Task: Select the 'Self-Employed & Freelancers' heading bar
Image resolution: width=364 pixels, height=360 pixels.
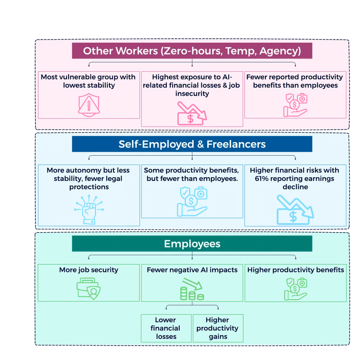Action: point(192,144)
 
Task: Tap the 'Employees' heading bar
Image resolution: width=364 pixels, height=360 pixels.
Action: point(192,243)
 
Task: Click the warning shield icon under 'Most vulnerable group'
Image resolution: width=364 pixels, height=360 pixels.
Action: point(88,105)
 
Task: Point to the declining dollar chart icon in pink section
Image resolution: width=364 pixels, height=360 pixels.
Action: point(191,113)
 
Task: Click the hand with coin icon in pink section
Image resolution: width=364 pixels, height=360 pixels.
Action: point(295,105)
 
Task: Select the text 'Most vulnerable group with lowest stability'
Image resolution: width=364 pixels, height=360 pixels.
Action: point(88,81)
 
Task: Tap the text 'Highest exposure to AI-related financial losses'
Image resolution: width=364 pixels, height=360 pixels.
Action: point(191,85)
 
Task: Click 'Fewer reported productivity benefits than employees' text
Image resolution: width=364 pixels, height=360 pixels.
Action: point(295,81)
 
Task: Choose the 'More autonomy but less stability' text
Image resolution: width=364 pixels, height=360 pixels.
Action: point(88,178)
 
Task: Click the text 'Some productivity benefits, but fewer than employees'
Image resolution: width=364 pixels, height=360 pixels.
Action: point(192,174)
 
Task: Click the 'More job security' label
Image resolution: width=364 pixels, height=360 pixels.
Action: point(88,270)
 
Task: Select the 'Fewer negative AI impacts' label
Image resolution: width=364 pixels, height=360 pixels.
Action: point(192,270)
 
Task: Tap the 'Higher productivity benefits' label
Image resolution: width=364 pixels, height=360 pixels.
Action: point(296,270)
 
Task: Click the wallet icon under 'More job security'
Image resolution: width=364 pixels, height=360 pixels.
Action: point(88,288)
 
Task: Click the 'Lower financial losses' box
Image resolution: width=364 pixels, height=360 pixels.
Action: point(165,328)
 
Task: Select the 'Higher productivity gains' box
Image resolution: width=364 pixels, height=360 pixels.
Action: point(218,328)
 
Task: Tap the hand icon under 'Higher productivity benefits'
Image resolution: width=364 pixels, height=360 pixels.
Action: point(296,289)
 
